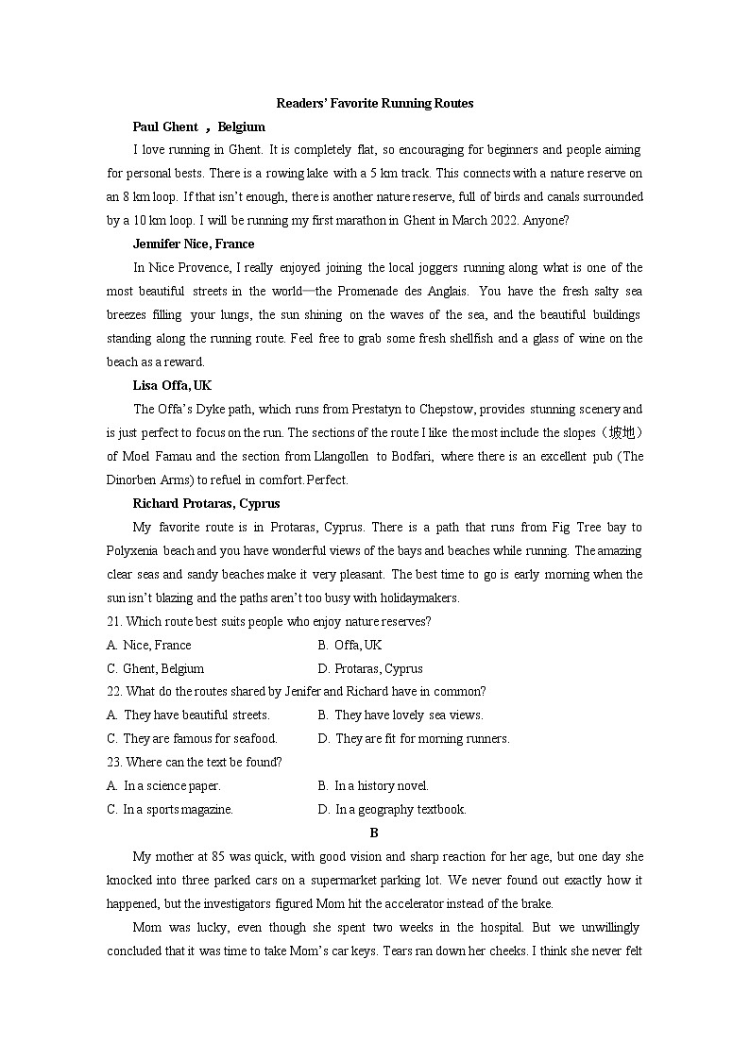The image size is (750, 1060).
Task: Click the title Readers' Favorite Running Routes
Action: [x=374, y=103]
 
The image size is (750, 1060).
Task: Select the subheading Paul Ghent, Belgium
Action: [x=198, y=126]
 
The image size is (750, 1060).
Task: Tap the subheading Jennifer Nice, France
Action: [x=195, y=244]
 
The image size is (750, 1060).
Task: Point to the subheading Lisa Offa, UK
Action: [x=172, y=385]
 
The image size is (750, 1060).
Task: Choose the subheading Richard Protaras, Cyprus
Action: [x=206, y=503]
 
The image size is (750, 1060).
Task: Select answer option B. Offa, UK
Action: [x=349, y=645]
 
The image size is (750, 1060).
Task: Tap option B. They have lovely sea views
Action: [x=401, y=715]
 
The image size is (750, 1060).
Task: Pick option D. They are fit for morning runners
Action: [x=414, y=738]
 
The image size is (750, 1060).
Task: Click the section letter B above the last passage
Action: [x=374, y=833]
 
